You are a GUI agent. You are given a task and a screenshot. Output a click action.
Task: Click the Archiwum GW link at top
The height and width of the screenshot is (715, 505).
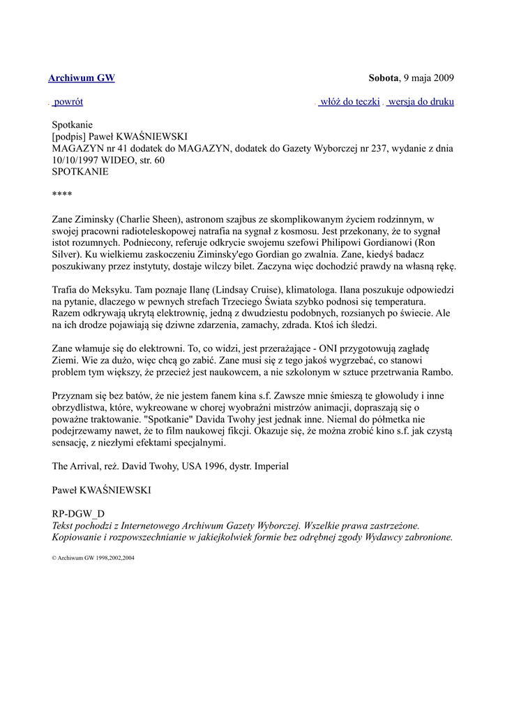(x=81, y=78)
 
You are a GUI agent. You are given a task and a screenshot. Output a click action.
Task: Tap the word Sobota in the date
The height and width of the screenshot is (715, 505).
(x=383, y=78)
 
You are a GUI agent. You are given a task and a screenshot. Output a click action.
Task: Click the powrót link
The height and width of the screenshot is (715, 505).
(x=68, y=102)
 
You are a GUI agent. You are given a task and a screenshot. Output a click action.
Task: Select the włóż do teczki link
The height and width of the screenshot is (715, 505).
(x=349, y=102)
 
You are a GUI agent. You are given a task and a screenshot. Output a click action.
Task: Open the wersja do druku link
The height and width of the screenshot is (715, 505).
(x=421, y=102)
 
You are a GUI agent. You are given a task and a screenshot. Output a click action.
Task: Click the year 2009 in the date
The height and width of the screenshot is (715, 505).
(x=443, y=78)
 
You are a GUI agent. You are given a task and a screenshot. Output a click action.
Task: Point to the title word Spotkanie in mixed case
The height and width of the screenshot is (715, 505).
(x=72, y=125)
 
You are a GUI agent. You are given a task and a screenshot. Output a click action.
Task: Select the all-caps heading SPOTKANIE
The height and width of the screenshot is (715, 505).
(x=80, y=171)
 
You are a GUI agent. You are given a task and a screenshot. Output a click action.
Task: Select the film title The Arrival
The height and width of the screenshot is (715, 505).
(x=77, y=465)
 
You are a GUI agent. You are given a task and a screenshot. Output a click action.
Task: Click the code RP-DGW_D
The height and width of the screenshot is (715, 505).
(x=78, y=514)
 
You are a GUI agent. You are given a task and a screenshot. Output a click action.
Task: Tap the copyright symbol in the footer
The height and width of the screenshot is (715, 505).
(x=54, y=559)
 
